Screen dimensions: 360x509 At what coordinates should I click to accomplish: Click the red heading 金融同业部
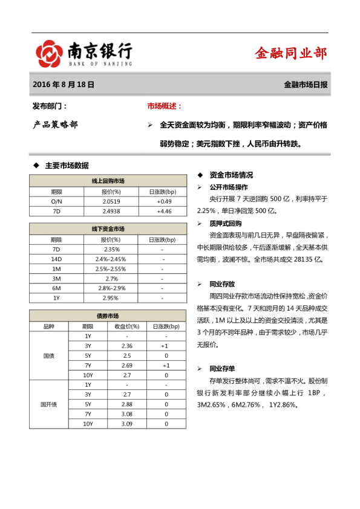pos(291,53)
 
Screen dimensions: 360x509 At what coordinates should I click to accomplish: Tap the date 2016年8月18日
pos(64,85)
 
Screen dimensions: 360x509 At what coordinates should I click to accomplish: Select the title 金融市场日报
pos(306,85)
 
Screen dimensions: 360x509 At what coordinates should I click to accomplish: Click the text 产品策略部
pos(55,125)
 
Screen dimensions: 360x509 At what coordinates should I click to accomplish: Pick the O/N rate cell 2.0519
pos(111,201)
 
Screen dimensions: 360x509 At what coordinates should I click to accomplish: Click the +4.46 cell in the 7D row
pos(164,211)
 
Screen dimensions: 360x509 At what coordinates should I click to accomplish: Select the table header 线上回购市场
pos(108,181)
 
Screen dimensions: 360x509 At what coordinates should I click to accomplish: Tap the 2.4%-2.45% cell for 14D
pos(111,259)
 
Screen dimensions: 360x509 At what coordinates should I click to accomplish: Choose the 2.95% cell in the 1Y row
pos(111,298)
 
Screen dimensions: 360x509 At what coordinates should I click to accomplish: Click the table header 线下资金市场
pos(108,229)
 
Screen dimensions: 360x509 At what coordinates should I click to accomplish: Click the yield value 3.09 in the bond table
pos(127,424)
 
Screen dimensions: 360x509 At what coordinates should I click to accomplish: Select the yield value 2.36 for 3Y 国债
pos(127,346)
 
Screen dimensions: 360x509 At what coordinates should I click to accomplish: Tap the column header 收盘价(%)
pos(127,326)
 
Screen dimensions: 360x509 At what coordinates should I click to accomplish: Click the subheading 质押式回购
pos(225,223)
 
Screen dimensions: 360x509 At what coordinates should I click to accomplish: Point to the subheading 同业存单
pos(222,368)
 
